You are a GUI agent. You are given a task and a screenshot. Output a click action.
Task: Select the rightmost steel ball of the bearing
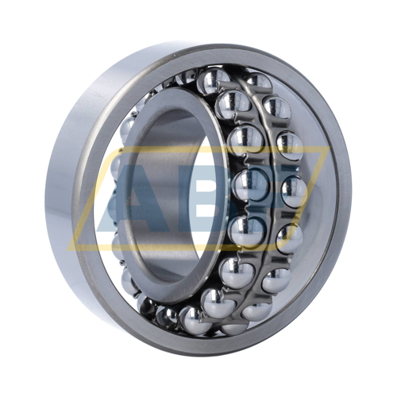(295, 190)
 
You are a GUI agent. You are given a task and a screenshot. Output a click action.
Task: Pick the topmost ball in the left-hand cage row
(214, 79)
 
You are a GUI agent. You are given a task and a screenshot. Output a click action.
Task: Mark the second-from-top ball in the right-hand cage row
(277, 106)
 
